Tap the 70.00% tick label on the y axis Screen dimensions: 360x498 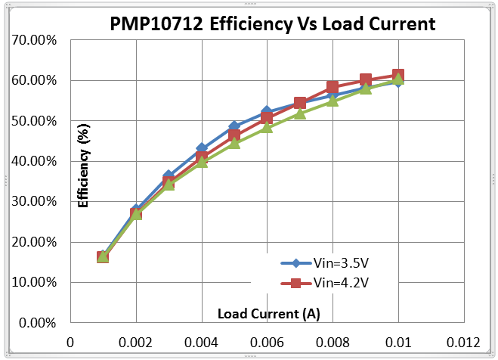click(35, 39)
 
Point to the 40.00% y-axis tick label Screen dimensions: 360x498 click(35, 161)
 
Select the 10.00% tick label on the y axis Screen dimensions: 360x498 click(35, 282)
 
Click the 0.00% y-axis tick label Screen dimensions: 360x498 click(38, 323)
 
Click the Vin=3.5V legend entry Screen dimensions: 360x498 click(332, 264)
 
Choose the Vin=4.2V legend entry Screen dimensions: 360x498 click(332, 283)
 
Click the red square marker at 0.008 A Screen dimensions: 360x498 click(333, 88)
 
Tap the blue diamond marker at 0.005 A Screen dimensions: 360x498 click(234, 127)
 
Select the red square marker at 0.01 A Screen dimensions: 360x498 click(397, 76)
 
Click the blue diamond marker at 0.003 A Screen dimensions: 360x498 click(169, 176)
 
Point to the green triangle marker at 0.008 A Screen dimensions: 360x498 click(333, 100)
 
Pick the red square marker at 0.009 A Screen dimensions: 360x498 click(365, 80)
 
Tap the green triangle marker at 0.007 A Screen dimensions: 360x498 click(299, 113)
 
